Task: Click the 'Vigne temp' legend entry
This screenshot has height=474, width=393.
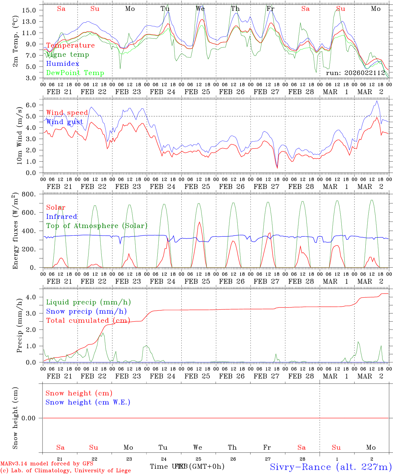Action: click(67, 55)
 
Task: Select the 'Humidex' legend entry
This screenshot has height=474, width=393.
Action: click(63, 64)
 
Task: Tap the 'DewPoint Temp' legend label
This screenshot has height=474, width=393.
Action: click(75, 73)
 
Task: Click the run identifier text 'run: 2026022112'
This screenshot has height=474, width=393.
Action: click(355, 73)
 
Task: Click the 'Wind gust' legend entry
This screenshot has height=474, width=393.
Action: click(65, 122)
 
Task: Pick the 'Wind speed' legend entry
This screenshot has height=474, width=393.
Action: click(67, 113)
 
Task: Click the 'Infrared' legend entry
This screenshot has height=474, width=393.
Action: click(62, 217)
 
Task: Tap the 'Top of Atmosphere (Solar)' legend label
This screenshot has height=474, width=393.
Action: click(97, 226)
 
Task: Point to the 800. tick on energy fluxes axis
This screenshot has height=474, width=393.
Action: click(29, 194)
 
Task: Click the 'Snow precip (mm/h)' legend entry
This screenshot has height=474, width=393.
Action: click(86, 311)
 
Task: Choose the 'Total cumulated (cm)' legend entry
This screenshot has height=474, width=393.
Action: click(88, 321)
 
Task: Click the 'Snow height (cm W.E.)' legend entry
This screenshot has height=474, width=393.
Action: click(88, 402)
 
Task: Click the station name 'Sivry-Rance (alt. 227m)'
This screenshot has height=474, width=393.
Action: click(331, 467)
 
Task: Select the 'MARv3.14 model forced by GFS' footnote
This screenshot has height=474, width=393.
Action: click(47, 464)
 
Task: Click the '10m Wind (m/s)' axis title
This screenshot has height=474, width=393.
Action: click(20, 136)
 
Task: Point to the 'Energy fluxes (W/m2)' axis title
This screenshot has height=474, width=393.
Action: click(15, 232)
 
